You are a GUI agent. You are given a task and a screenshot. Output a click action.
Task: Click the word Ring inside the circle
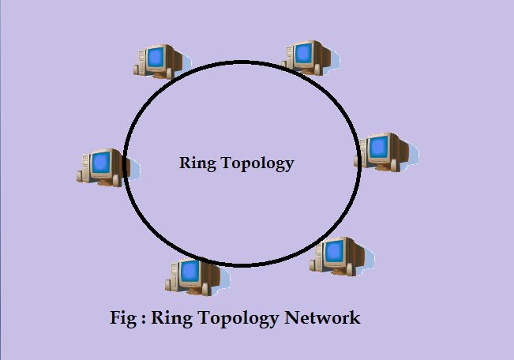click(x=196, y=164)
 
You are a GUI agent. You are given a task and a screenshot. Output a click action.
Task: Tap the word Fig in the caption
click(x=125, y=318)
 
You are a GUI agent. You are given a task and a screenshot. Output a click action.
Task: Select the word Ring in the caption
click(x=168, y=319)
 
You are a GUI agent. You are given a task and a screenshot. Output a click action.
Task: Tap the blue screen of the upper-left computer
click(x=156, y=56)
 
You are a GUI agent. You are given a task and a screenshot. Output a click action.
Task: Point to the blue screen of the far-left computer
click(x=100, y=163)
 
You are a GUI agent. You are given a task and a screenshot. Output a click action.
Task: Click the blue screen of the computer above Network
click(x=335, y=250)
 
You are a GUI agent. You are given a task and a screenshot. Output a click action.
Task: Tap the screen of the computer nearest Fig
click(x=189, y=272)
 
